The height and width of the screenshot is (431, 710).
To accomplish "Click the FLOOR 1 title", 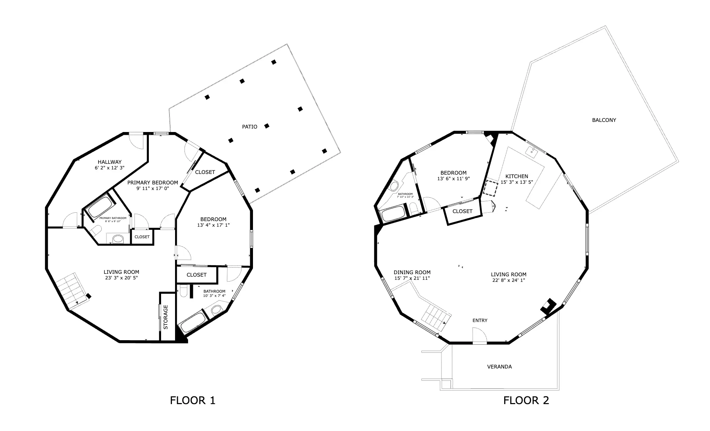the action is [x=193, y=400].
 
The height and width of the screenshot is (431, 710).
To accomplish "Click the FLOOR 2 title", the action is [x=526, y=400].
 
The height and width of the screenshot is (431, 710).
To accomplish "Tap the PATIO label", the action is [x=249, y=127].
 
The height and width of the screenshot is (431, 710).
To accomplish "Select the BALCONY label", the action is [x=604, y=120].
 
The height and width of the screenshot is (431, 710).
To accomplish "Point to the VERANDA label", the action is [x=499, y=367].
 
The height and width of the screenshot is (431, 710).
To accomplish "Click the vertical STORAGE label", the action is [x=166, y=317].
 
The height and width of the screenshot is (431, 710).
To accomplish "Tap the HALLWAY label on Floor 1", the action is [x=110, y=162].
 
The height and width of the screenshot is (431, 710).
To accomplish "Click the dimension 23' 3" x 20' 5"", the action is [x=121, y=278].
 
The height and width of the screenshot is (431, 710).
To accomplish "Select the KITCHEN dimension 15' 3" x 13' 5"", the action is [x=517, y=182].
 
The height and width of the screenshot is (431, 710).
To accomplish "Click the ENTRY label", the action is [x=480, y=321].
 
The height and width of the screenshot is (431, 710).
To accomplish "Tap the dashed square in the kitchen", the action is [x=490, y=188].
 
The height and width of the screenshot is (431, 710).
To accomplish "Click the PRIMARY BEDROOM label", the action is [x=153, y=183].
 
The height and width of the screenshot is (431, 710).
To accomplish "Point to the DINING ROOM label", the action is [x=412, y=272].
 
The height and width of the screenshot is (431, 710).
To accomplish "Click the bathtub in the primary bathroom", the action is [x=101, y=207].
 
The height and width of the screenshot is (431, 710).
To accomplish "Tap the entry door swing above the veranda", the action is [x=479, y=335].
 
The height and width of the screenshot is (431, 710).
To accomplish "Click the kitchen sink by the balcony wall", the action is [x=532, y=152].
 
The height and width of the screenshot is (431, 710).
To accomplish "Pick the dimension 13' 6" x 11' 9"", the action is [x=454, y=178].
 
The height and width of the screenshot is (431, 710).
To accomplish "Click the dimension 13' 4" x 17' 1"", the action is [x=213, y=225].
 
